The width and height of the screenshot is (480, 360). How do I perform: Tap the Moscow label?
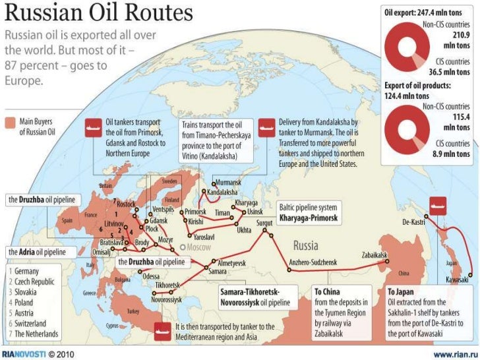pyautogui.click(x=197, y=248)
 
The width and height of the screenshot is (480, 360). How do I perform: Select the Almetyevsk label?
pyautogui.click(x=231, y=262)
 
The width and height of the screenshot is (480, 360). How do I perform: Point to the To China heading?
pyautogui.click(x=326, y=291)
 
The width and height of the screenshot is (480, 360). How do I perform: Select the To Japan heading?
pyautogui.click(x=400, y=291)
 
